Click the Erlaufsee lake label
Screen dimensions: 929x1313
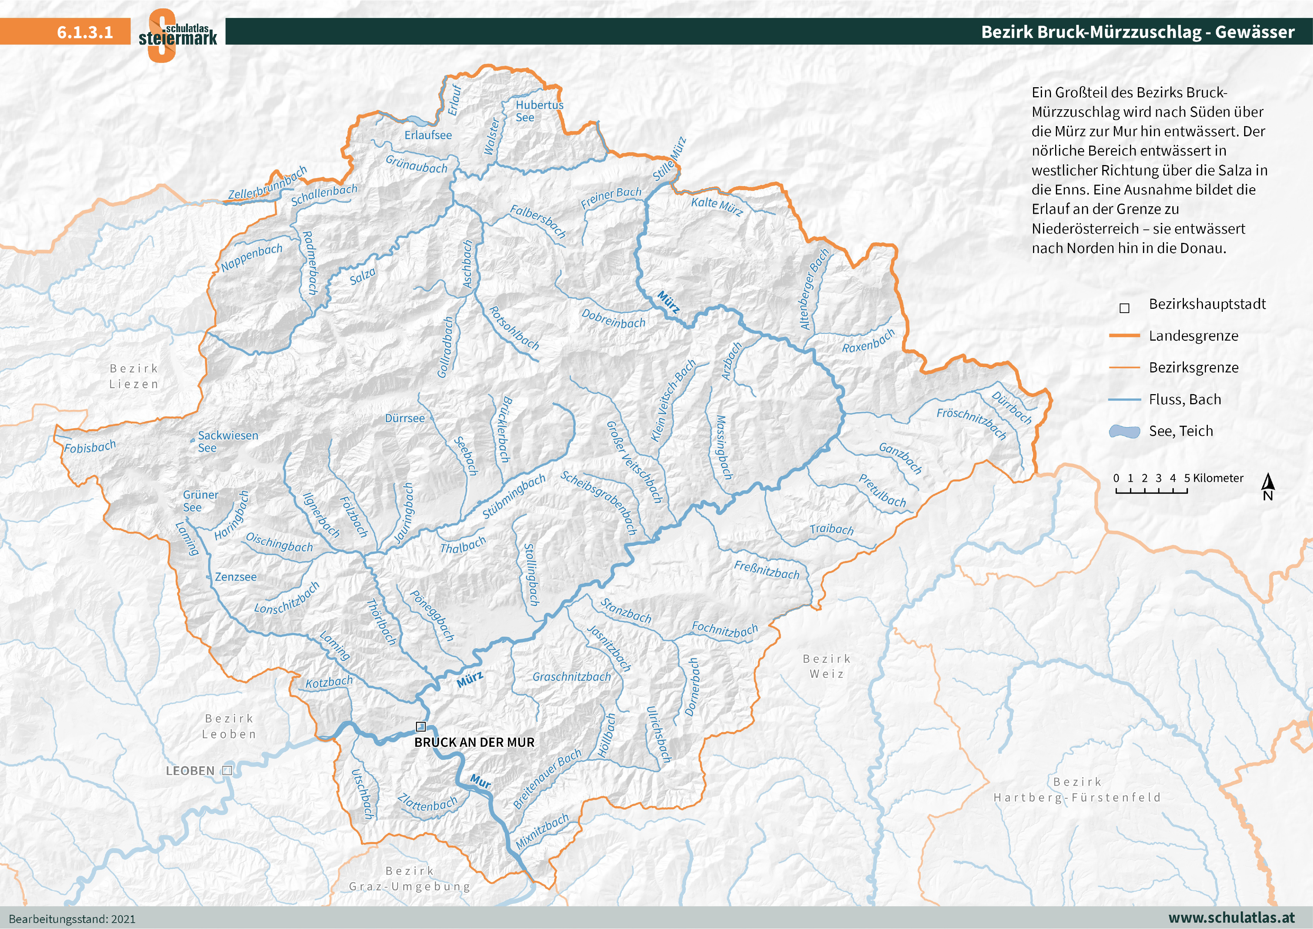428,135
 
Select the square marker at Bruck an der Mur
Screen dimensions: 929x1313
421,727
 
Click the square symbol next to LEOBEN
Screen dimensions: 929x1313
227,771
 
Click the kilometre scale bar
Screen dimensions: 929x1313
1151,491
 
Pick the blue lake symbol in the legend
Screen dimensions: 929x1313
1124,431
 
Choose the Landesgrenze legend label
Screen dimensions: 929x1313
1194,336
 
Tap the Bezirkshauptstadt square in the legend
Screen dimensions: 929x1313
1124,308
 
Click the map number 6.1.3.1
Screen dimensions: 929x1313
85,32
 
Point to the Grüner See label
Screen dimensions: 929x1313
200,500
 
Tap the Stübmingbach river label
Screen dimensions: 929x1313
514,497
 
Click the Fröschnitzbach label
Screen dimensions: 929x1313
971,423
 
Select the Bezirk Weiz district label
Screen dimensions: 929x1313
827,666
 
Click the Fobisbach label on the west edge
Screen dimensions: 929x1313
90,447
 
